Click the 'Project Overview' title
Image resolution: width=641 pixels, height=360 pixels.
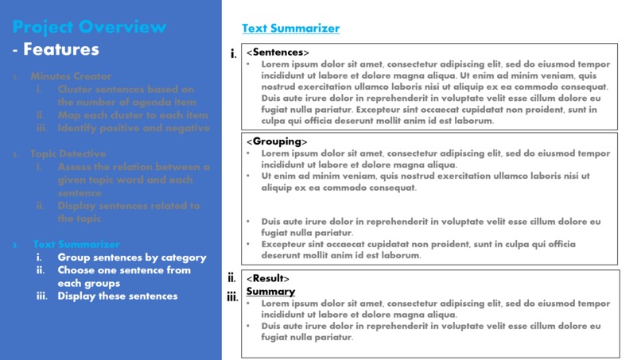coord(89,27)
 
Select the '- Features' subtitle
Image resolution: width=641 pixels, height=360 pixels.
coord(56,49)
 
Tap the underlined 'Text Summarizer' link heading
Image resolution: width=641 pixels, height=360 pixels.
coord(290,29)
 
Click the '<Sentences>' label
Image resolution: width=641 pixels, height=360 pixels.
coord(278,52)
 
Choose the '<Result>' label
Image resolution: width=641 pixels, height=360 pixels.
coord(268,279)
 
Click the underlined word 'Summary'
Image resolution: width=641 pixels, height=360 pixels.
coord(270,292)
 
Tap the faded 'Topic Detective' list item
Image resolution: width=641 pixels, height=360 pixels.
coord(68,154)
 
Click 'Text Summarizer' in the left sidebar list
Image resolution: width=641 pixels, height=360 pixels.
coord(76,244)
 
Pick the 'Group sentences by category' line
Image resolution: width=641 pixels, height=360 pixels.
coord(131,257)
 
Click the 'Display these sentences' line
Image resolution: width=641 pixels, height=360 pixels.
coord(118,296)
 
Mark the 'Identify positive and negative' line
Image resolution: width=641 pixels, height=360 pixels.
coord(134,128)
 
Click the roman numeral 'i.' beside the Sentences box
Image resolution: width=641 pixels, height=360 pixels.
coord(233,54)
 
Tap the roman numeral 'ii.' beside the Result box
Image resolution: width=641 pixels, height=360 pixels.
coord(231,278)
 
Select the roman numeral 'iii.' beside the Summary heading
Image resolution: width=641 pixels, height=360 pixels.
coord(232,297)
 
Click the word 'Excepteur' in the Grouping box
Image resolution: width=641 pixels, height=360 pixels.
coord(285,245)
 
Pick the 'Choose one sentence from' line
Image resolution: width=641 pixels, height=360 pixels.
coord(124,270)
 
